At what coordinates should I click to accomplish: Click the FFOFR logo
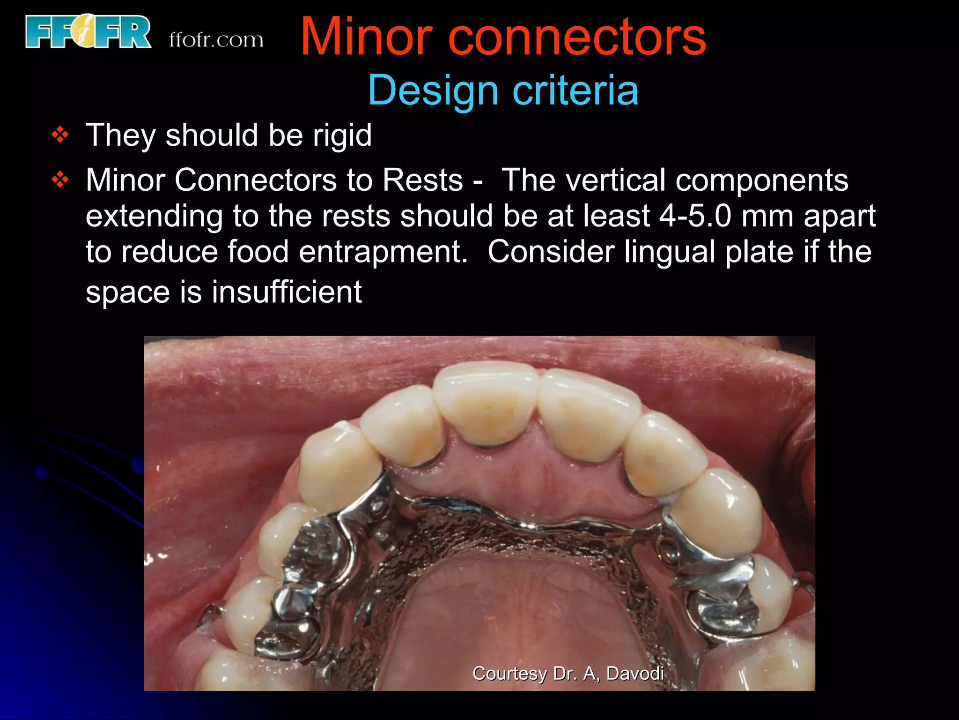88,32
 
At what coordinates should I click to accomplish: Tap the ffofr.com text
216,40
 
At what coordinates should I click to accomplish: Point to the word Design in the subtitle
433,90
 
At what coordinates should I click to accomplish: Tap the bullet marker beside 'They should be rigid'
60,135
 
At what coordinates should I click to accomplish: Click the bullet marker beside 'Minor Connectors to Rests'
60,180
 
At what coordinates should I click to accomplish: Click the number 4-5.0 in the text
695,216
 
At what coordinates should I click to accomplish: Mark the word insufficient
287,292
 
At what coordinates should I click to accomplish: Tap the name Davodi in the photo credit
635,674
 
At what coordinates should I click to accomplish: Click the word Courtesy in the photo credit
509,674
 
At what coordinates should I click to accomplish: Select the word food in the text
258,252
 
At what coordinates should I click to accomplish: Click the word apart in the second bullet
840,217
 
